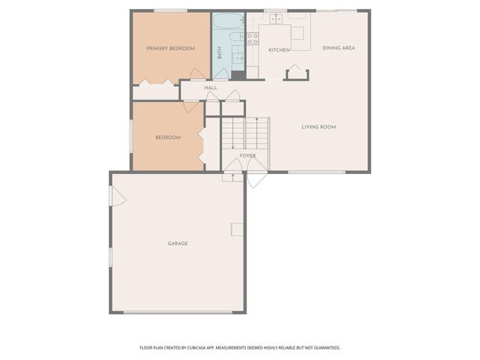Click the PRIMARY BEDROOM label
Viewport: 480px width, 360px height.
click(170, 49)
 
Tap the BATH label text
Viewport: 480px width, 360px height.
click(220, 53)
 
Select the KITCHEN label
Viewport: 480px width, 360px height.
click(279, 50)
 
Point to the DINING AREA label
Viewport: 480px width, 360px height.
click(338, 48)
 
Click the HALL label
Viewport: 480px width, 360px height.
click(211, 88)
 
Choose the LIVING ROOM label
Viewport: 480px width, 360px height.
click(319, 127)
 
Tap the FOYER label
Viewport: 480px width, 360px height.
click(247, 156)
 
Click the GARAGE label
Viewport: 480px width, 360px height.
click(178, 243)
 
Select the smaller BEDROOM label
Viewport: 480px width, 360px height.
click(168, 137)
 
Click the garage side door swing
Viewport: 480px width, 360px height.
click(115, 196)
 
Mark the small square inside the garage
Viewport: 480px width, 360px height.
click(236, 229)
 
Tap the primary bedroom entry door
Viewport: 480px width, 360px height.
click(197, 75)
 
